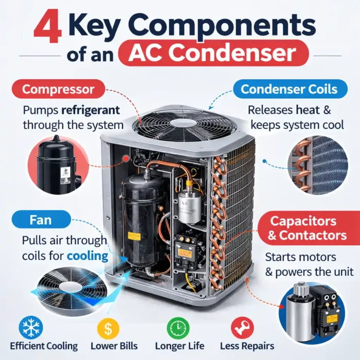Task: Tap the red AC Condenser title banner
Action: (213, 53)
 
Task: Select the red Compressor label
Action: (58, 89)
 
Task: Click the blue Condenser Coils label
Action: (289, 89)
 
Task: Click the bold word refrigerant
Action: (91, 110)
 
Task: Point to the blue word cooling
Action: (88, 256)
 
